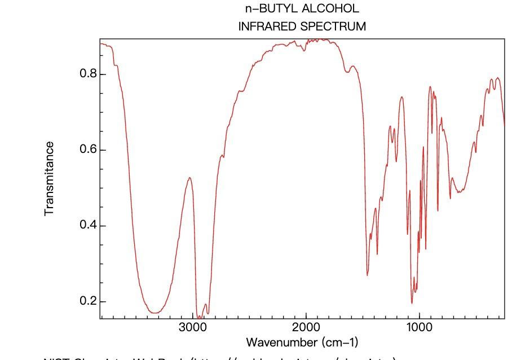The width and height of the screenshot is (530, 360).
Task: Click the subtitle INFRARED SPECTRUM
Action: click(x=302, y=26)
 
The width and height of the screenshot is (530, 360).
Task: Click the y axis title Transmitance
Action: click(x=50, y=178)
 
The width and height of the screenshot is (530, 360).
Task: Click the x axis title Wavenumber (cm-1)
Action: click(x=302, y=343)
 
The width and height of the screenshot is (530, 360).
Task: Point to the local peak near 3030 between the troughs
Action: click(x=190, y=178)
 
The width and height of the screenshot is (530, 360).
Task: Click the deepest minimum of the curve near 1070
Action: click(x=412, y=303)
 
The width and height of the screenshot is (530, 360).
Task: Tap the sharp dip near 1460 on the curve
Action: click(x=368, y=275)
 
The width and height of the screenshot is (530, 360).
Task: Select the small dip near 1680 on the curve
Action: click(x=347, y=72)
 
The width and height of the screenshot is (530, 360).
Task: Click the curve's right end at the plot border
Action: click(x=505, y=125)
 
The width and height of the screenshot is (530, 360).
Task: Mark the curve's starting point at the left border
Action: click(x=100, y=43)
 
